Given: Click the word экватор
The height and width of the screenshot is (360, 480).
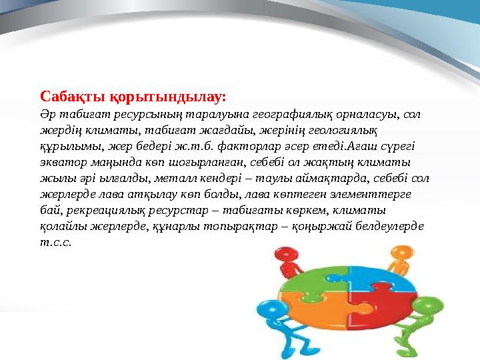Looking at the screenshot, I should [x=63, y=162].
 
